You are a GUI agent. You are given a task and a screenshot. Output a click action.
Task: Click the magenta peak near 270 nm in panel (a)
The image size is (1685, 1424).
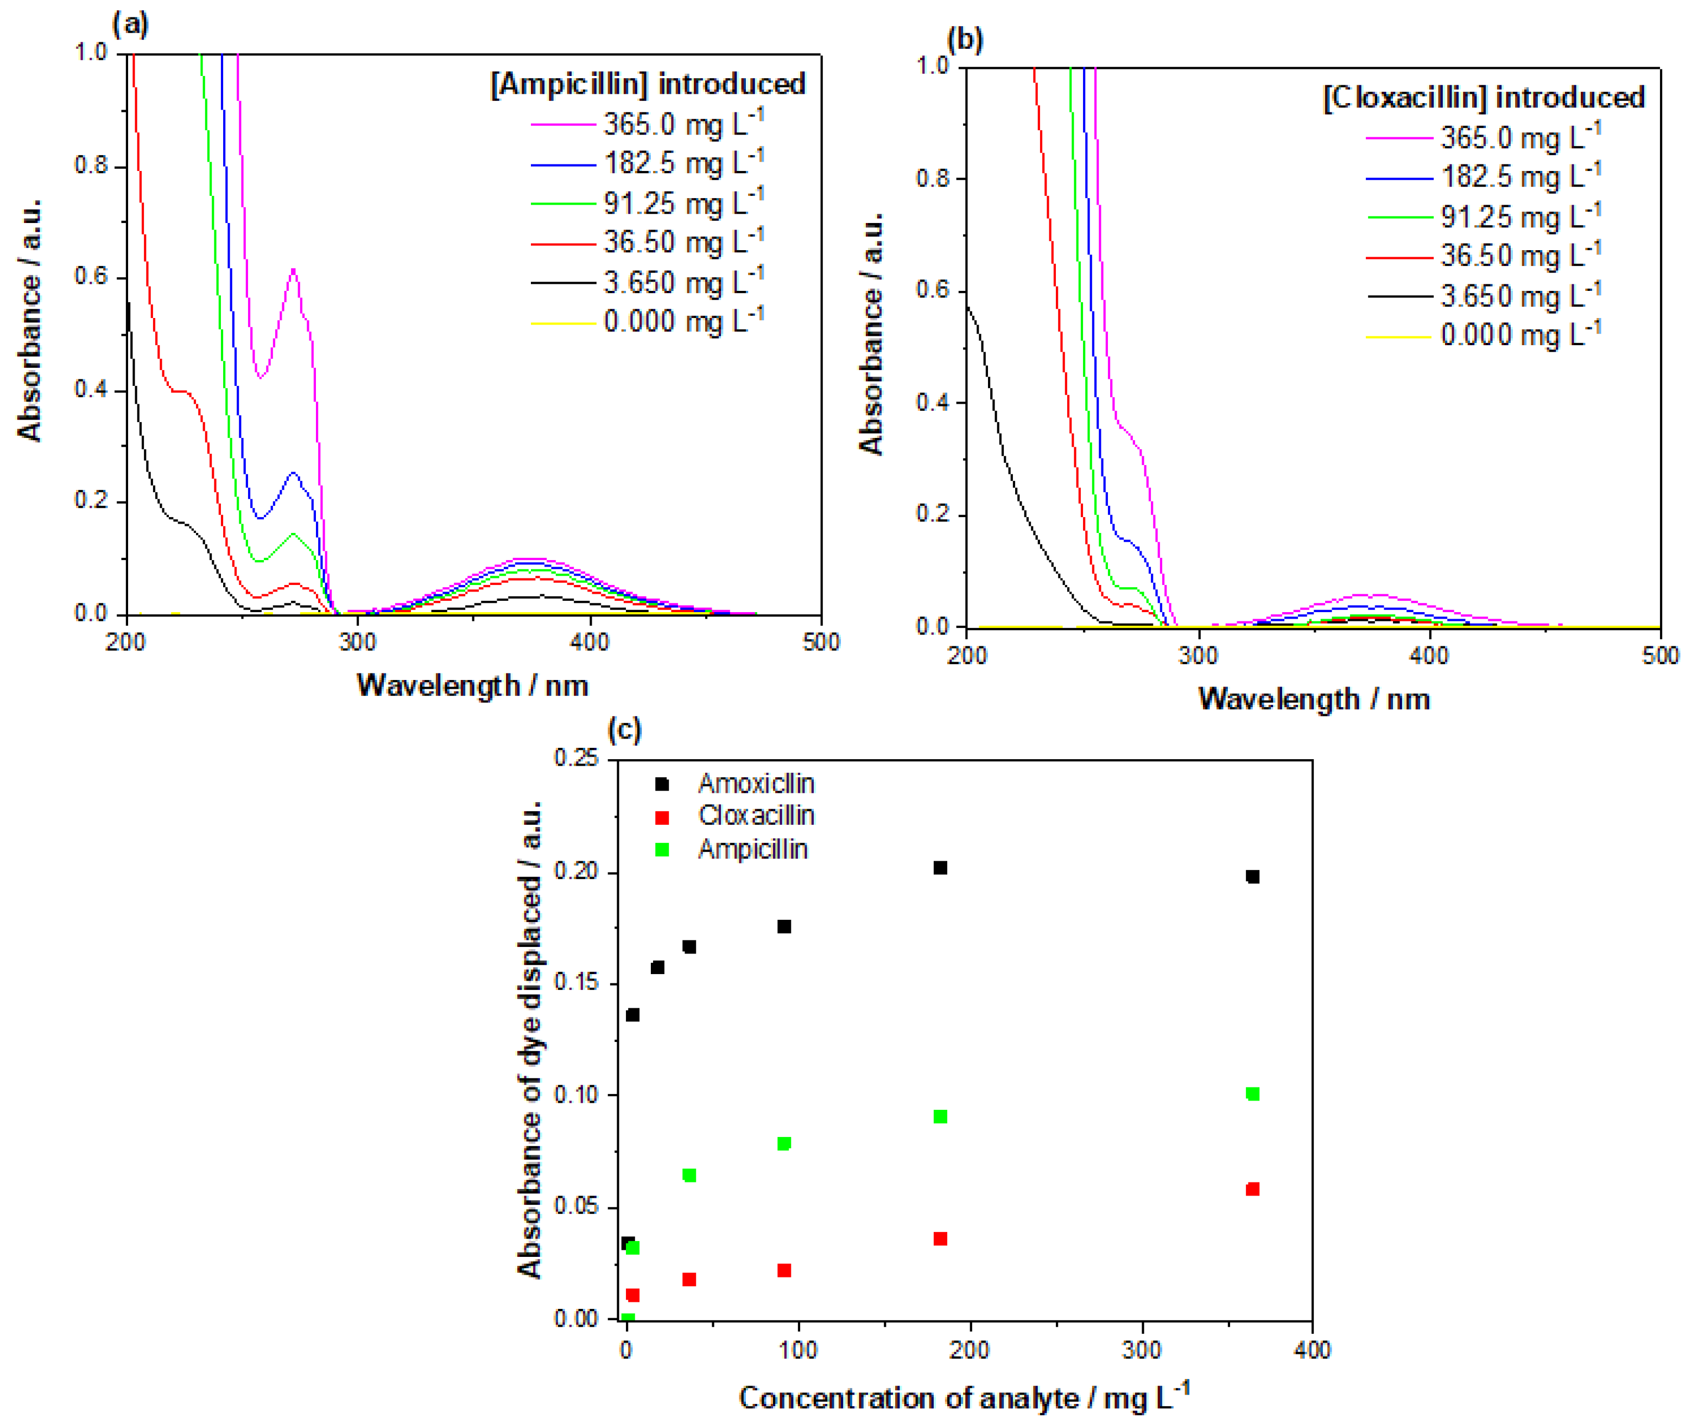(x=293, y=270)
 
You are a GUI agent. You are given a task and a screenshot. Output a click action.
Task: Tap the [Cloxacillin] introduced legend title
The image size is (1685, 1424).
(x=1483, y=98)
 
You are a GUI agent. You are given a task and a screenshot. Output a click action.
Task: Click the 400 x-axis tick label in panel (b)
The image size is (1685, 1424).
(x=1429, y=656)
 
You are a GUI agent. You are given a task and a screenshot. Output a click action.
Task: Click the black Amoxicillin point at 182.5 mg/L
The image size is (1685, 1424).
(x=940, y=868)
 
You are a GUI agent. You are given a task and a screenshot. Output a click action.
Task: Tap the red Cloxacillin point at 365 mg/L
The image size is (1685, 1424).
(x=1252, y=1189)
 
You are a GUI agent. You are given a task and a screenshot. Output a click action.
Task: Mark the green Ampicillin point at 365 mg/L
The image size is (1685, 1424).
(x=1252, y=1094)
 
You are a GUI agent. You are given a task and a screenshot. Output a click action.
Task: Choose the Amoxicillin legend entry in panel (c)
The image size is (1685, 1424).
(x=755, y=783)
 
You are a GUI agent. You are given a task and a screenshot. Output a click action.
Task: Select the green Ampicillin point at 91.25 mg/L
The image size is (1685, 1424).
(x=783, y=1143)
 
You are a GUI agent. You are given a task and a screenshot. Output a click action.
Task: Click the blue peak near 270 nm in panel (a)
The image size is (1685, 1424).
(x=293, y=473)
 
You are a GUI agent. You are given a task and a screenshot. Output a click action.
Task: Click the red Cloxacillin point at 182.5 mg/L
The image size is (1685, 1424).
(x=940, y=1238)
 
